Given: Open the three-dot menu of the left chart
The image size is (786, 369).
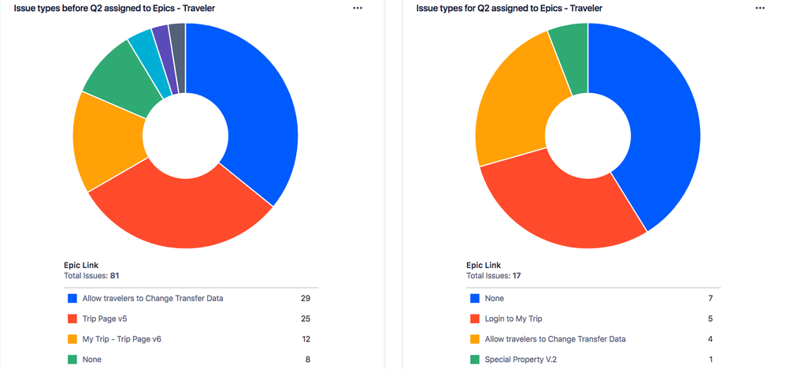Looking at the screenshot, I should point(358,8).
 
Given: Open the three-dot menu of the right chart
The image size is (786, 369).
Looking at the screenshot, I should point(760,8).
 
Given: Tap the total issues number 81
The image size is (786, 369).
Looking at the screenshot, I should point(114,276).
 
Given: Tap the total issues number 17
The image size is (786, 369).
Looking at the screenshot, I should point(517,276).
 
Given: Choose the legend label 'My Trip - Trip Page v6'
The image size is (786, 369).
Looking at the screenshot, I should point(122,339).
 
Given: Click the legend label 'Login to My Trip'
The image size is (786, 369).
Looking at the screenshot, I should point(513,319).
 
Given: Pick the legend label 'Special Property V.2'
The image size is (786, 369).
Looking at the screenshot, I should point(524,360).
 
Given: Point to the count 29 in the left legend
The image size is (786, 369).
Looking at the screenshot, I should point(306,299).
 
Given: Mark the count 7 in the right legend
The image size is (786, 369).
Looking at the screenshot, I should point(711,299).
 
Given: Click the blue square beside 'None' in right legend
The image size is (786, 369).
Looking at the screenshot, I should point(475,299).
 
